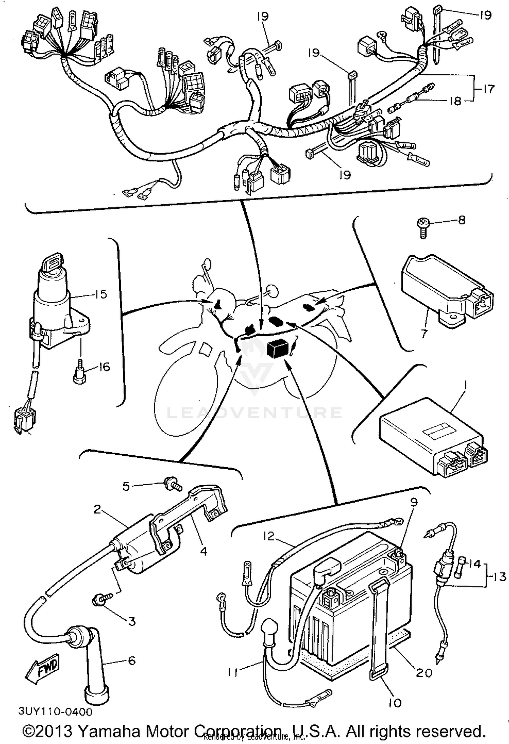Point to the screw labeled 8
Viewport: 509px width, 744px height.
coord(423,228)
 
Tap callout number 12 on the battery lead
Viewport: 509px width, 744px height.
coord(268,536)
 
